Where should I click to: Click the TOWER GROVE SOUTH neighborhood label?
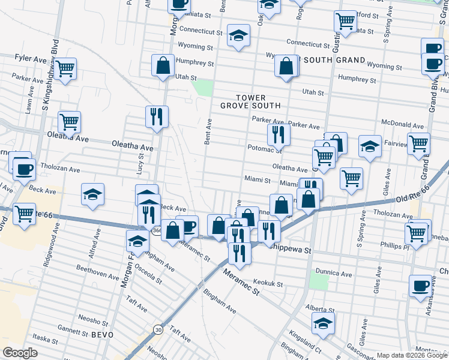click(x=258, y=101)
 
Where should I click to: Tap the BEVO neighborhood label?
click(x=103, y=334)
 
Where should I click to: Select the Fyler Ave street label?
click(x=30, y=58)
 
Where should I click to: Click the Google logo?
click(x=20, y=353)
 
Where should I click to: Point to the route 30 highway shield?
click(x=158, y=329)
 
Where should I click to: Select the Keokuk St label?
click(x=267, y=283)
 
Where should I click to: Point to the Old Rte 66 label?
click(x=415, y=195)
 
